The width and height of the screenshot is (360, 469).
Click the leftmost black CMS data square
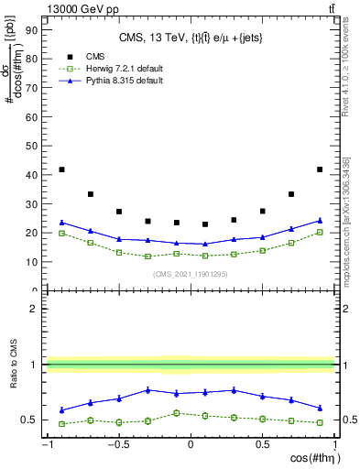[x=61, y=169]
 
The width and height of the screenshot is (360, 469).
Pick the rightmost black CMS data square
[x=320, y=169]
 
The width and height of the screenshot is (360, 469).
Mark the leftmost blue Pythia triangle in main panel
[x=61, y=222]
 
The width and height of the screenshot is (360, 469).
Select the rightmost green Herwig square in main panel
[x=320, y=233]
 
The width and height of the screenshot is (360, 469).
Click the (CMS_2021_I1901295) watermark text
[x=190, y=274]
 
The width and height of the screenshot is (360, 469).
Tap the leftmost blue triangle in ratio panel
[x=61, y=409]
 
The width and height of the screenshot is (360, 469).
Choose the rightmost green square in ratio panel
[x=320, y=422]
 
